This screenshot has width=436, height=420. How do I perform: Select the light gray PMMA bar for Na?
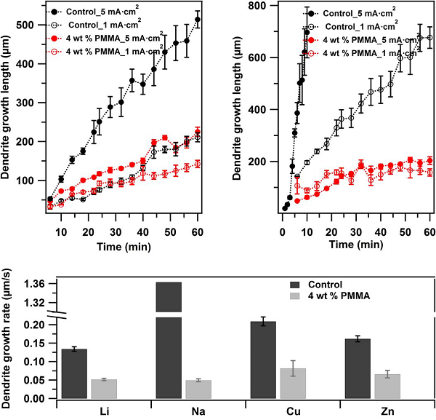[198, 389]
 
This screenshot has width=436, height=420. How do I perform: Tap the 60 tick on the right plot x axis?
[429, 232]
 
